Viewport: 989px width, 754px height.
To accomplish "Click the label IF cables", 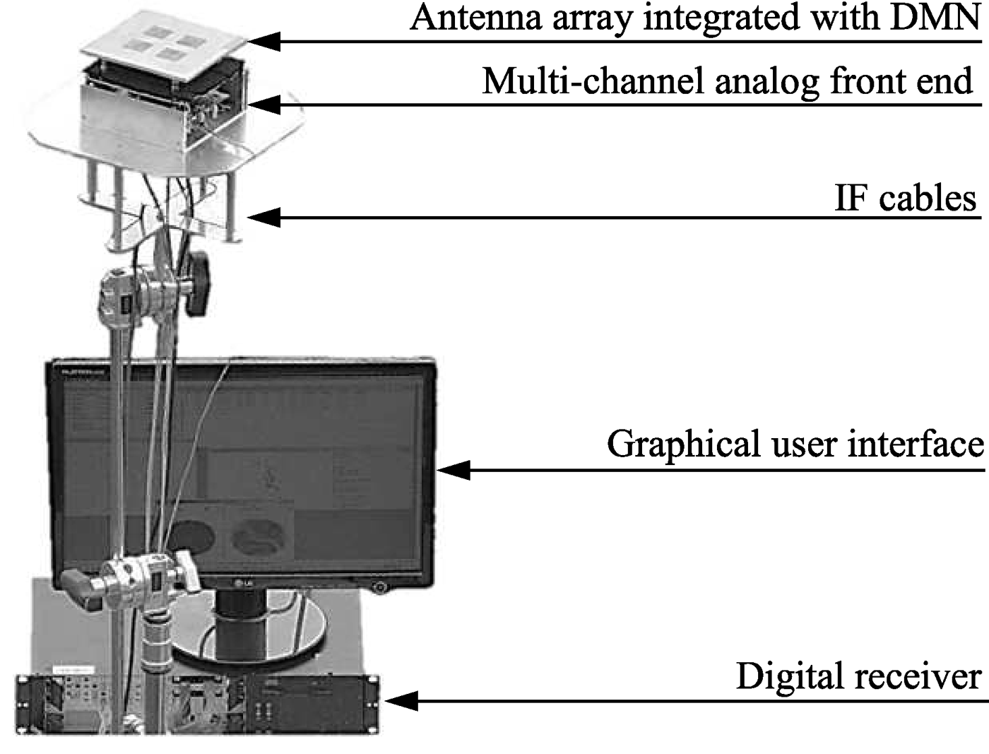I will [905, 198].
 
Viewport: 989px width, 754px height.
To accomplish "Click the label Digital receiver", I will [858, 676].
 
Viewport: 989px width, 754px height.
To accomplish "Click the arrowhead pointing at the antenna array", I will [263, 41].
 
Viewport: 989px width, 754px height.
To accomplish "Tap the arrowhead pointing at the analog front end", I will [263, 105].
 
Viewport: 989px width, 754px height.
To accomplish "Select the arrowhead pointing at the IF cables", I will [263, 217].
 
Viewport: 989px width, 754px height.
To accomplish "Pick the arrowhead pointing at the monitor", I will [453, 470].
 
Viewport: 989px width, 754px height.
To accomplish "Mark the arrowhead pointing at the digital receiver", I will [400, 701].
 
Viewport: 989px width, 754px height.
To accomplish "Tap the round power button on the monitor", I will [381, 587].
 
